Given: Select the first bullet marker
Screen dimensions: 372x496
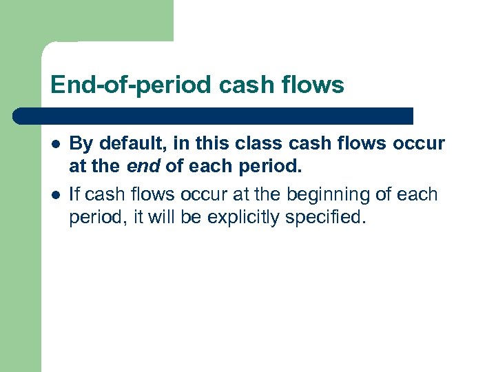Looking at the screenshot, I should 55,144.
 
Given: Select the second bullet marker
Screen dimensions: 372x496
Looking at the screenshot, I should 55,196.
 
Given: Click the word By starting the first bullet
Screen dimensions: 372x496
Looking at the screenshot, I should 81,143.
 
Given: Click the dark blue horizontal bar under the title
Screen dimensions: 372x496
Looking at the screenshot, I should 214,116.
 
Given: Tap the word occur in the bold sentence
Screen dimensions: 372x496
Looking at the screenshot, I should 419,143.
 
